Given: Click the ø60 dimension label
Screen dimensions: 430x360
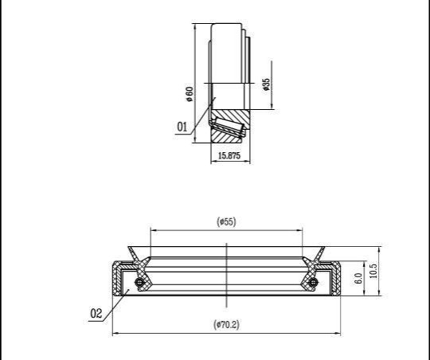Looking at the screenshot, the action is click(190, 94).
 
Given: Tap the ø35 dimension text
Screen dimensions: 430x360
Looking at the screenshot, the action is click(266, 84).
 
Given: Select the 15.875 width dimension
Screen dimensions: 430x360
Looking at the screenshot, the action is click(229, 155).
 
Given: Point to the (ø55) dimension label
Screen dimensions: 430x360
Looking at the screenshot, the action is click(226, 221).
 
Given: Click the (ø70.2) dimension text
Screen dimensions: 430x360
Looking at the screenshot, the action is click(226, 325).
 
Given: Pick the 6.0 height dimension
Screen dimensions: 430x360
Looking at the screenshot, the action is click(358, 278).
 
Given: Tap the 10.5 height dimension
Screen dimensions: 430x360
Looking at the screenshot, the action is click(373, 271).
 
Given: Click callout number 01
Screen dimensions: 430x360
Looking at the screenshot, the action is click(182, 127).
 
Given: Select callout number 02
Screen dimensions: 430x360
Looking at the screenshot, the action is click(96, 313).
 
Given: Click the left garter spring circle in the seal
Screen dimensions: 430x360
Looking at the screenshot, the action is click(139, 282).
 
